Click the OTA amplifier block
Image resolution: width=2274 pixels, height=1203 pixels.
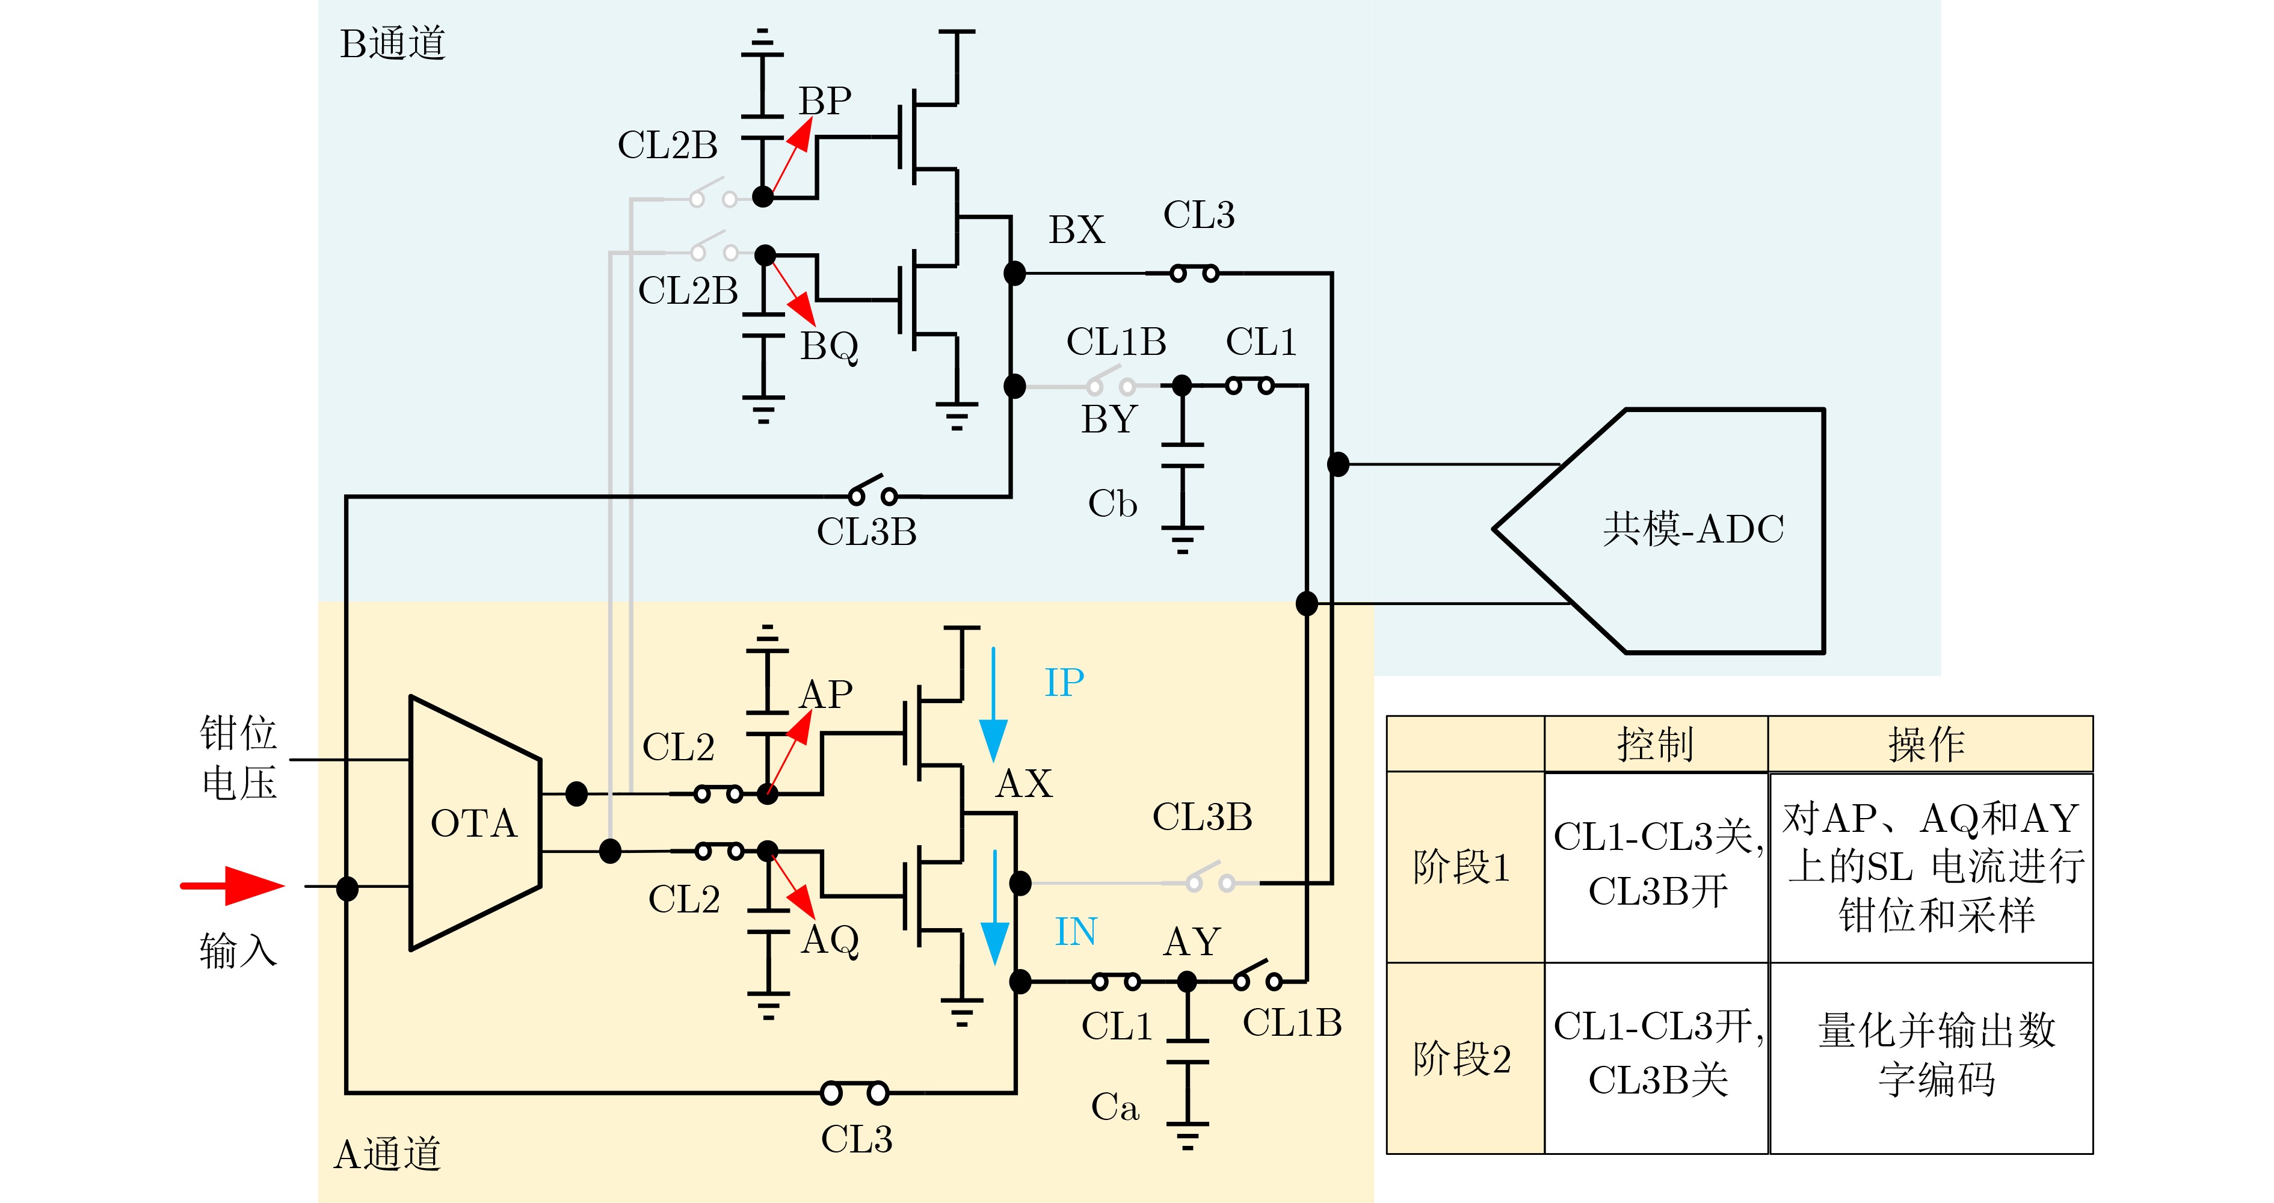pyautogui.click(x=474, y=823)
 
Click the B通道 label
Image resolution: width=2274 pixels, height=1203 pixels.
pyautogui.click(x=393, y=44)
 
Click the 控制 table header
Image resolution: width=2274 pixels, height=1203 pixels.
pyautogui.click(x=1655, y=744)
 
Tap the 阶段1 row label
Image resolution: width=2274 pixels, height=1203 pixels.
pyautogui.click(x=1462, y=867)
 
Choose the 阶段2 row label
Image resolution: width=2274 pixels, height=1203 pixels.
pyautogui.click(x=1462, y=1058)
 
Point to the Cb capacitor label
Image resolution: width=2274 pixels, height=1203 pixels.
pyautogui.click(x=1112, y=504)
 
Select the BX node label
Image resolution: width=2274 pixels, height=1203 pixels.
pyautogui.click(x=1076, y=230)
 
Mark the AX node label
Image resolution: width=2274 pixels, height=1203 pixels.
pyautogui.click(x=1024, y=784)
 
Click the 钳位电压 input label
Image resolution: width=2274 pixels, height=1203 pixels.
pyautogui.click(x=238, y=757)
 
